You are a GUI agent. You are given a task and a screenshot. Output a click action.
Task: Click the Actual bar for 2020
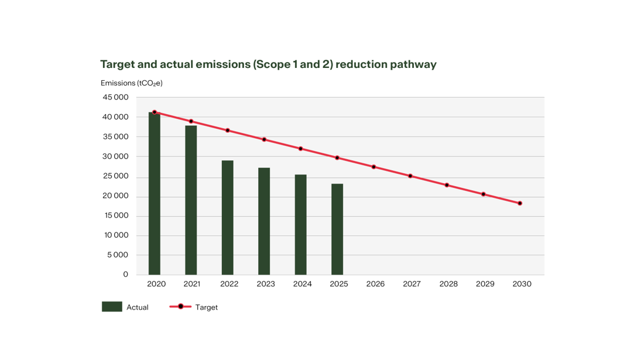point(155,193)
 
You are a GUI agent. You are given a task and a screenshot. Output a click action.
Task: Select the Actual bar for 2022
point(228,218)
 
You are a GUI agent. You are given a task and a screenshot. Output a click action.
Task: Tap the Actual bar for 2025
point(337,229)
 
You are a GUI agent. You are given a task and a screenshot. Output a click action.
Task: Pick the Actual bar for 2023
point(264,221)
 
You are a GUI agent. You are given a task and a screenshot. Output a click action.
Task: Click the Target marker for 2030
point(520,204)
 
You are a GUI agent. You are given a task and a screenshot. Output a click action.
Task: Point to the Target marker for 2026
point(373,167)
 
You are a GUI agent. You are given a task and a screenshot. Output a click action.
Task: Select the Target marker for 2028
point(447,185)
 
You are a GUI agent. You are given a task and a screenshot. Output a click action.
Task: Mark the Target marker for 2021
point(191,121)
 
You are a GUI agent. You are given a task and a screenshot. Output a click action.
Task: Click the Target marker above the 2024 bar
point(300,149)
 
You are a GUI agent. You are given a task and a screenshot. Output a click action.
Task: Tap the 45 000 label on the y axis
point(115,97)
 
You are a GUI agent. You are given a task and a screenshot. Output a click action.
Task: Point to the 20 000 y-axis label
point(115,196)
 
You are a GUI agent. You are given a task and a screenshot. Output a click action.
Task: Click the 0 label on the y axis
point(125,275)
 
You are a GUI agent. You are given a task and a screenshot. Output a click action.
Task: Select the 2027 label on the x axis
point(412,284)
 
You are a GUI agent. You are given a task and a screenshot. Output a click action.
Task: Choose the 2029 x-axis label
point(485,284)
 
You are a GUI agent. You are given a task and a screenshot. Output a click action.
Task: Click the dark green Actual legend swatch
point(112,307)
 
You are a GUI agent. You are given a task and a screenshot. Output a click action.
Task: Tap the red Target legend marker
point(180,307)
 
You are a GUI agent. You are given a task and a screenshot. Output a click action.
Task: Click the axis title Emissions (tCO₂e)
point(131,83)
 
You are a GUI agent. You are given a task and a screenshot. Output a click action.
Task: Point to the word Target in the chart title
point(117,65)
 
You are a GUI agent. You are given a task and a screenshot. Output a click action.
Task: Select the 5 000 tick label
point(118,255)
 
